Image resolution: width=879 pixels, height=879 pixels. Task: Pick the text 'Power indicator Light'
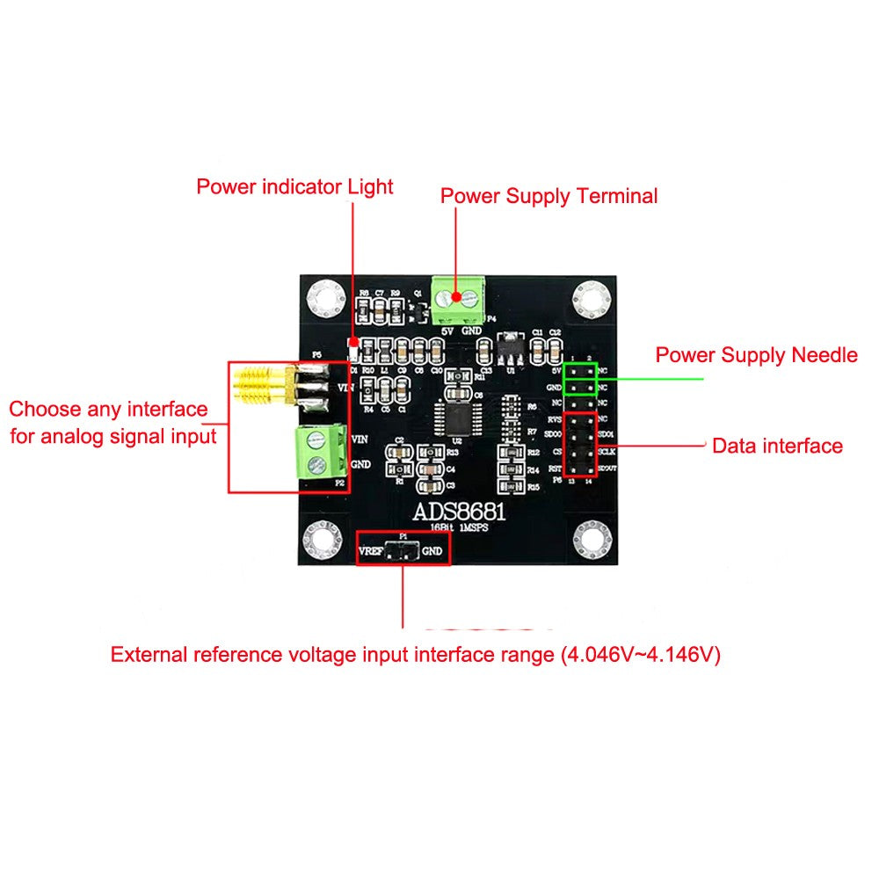coord(294,186)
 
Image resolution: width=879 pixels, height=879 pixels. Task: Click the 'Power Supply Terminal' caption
coord(548,195)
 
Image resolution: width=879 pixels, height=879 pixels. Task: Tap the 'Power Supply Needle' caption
coord(756,355)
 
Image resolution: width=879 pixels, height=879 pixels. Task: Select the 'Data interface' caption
coord(777,446)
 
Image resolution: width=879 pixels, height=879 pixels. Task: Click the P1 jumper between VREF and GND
coord(403,552)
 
